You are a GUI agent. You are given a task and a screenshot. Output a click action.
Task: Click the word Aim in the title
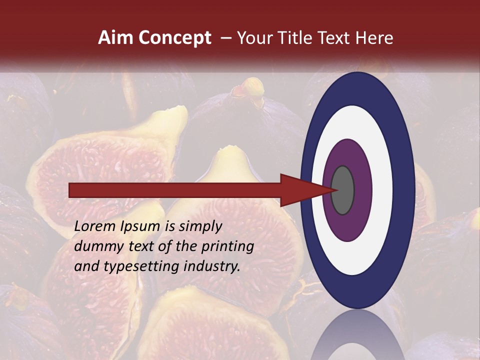pos(115,38)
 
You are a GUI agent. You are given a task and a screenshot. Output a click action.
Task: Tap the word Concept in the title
pos(174,38)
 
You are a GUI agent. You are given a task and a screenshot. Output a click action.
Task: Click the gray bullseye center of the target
pos(342,190)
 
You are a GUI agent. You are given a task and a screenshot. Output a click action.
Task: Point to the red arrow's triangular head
pos(300,190)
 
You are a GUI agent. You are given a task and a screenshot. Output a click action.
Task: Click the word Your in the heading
pos(252,38)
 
